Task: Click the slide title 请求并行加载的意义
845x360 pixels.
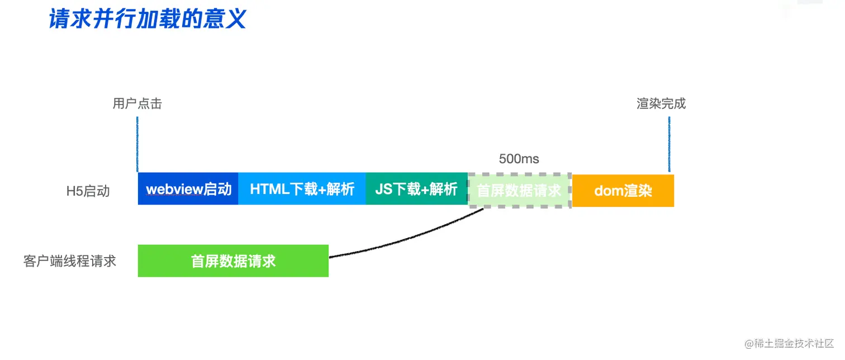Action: pyautogui.click(x=148, y=20)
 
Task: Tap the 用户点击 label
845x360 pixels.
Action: pyautogui.click(x=137, y=104)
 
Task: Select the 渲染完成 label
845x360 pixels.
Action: pyautogui.click(x=661, y=104)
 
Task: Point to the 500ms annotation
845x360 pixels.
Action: pyautogui.click(x=519, y=159)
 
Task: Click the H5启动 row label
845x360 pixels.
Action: pyautogui.click(x=88, y=191)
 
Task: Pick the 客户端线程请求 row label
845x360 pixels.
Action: pyautogui.click(x=70, y=261)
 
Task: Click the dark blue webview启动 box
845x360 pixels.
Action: pyautogui.click(x=188, y=189)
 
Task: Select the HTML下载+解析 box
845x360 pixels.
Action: pyautogui.click(x=302, y=189)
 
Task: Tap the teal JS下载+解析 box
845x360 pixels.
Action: pyautogui.click(x=416, y=189)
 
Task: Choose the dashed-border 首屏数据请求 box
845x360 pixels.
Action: pyautogui.click(x=519, y=191)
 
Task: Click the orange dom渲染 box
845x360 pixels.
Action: pyautogui.click(x=623, y=191)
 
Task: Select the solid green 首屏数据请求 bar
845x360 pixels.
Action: pyautogui.click(x=233, y=261)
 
